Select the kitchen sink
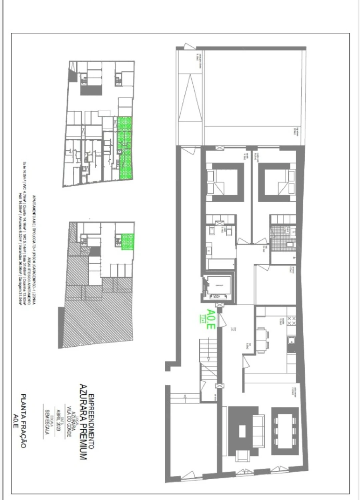tap(292, 341)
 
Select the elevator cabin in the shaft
tap(218, 286)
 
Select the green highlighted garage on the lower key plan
tap(128, 241)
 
